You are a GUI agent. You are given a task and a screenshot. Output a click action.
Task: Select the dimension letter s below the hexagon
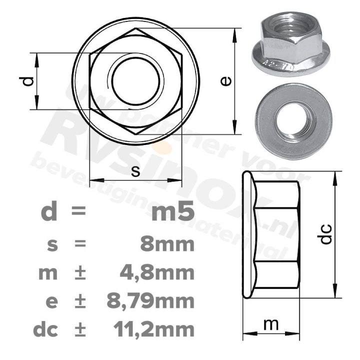click(x=135, y=171)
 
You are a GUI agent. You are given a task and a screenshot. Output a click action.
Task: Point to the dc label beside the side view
click(x=325, y=234)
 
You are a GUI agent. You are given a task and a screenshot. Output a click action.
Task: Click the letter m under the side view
click(x=270, y=324)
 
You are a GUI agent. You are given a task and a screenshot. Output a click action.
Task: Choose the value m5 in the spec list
click(x=172, y=212)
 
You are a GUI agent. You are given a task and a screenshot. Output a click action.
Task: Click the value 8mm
click(x=166, y=244)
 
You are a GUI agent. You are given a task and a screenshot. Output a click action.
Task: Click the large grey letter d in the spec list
click(x=49, y=212)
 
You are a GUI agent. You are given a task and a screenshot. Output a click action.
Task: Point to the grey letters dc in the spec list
click(x=45, y=329)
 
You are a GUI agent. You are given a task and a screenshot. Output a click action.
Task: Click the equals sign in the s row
click(x=79, y=244)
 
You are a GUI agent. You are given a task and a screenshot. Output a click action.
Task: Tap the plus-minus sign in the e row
click(x=79, y=301)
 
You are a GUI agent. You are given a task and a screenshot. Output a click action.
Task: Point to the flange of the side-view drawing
click(x=247, y=234)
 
